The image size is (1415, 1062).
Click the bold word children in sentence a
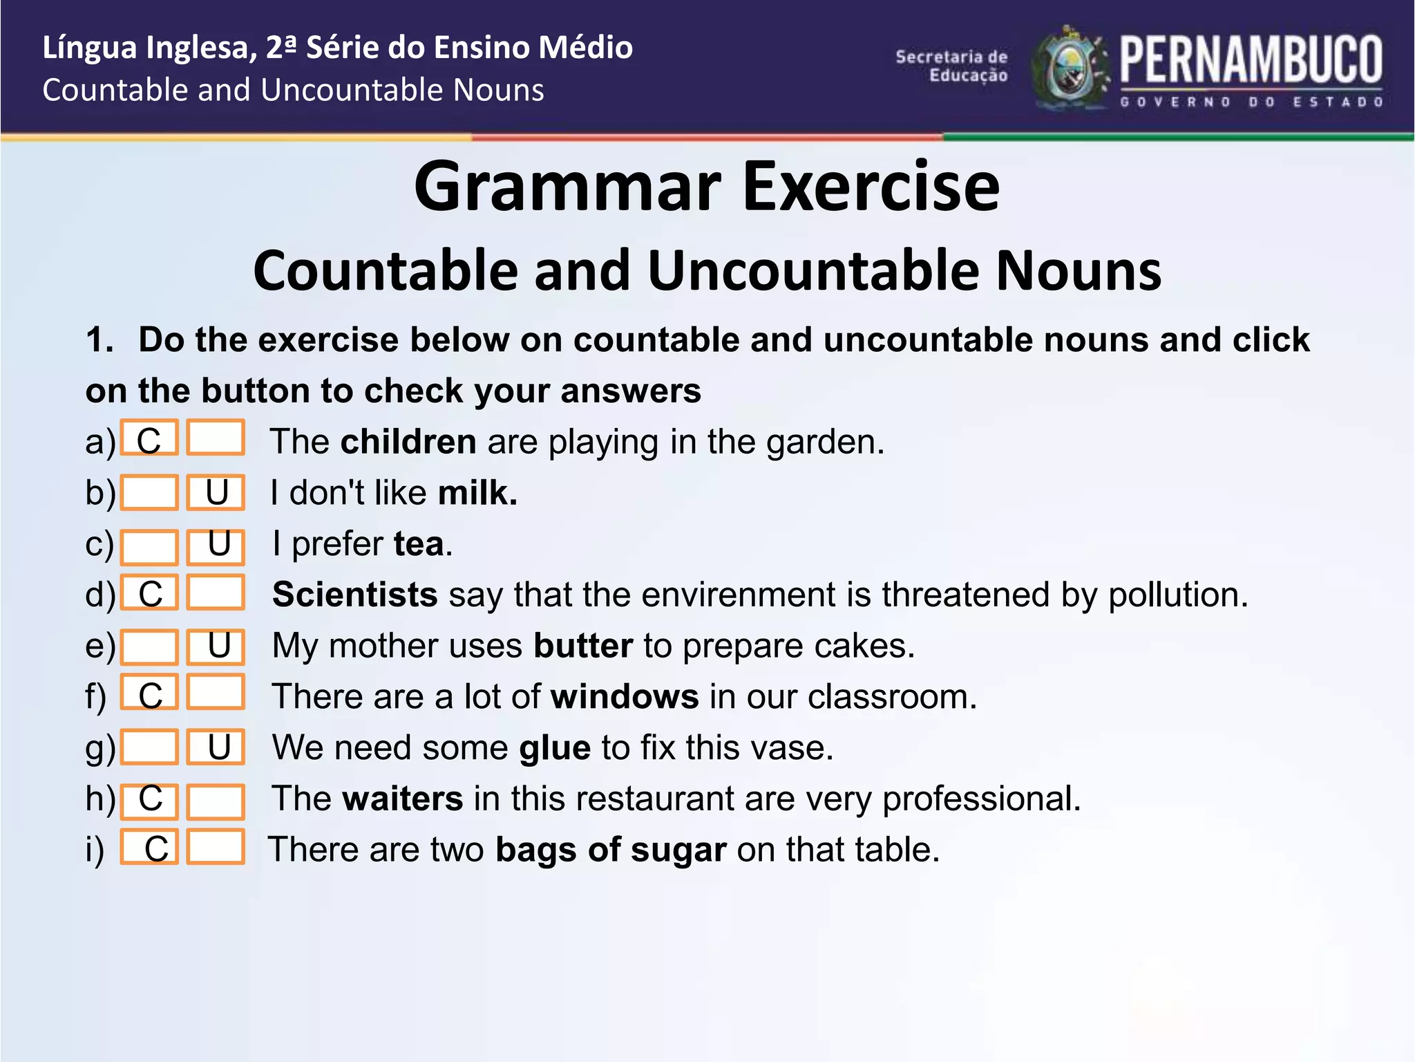[408, 442]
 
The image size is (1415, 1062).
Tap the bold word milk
[477, 493]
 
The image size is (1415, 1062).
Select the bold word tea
[419, 543]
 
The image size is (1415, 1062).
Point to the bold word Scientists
[354, 595]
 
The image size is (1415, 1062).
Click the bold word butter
[582, 646]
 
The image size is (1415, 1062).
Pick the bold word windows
[625, 696]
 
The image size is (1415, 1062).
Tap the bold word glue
[555, 748]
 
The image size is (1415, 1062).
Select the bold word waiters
[402, 799]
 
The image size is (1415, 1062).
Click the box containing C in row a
[149, 438]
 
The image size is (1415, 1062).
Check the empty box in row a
[216, 438]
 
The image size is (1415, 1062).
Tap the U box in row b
[216, 492]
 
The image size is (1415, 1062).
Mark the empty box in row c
[149, 547]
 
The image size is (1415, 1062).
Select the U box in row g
[216, 747]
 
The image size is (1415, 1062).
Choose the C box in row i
[149, 847]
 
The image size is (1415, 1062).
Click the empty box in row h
[216, 801]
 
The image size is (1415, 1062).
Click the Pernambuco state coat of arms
[1070, 68]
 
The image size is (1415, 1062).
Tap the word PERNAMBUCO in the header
[1251, 61]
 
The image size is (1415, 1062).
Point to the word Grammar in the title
[567, 187]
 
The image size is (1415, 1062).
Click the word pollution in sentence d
[1177, 595]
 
